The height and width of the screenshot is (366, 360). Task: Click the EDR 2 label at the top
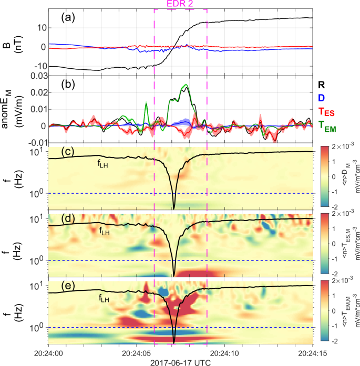pyautogui.click(x=180, y=4)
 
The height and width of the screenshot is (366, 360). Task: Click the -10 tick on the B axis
pyautogui.click(x=38, y=67)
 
